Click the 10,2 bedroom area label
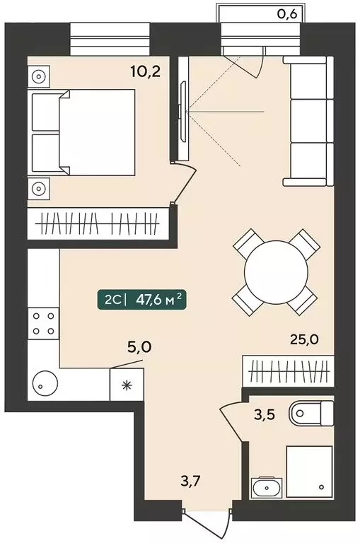point(145,72)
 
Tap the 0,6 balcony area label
point(288,15)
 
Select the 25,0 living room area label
point(303,339)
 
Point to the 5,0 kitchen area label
point(139,346)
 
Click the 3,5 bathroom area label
point(265,414)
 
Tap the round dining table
point(276,272)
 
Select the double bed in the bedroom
point(83,132)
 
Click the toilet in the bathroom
point(310,413)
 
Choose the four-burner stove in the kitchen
point(43,323)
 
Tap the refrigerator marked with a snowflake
point(127,385)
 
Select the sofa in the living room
point(308,121)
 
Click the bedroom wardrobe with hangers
point(98,223)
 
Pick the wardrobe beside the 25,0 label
point(289,370)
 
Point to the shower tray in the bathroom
point(309,472)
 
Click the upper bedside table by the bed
point(38,76)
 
